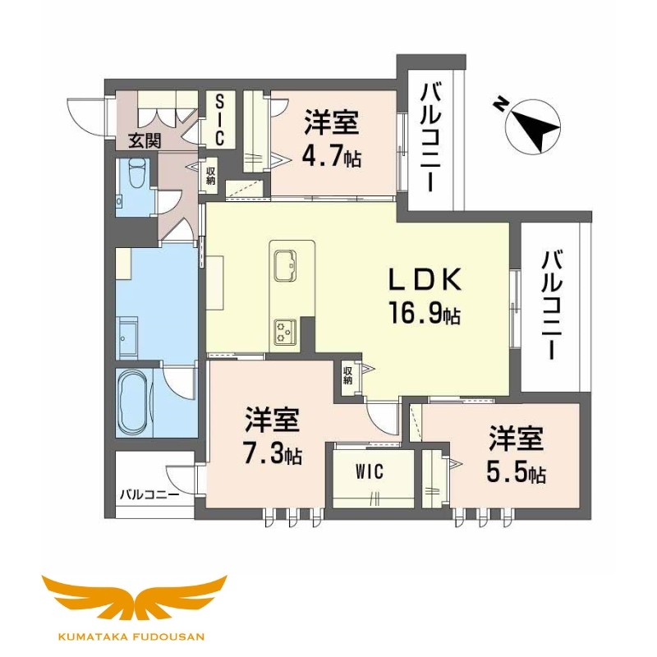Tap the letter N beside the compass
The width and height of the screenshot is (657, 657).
click(499, 104)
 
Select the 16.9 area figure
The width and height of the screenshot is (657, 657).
click(423, 313)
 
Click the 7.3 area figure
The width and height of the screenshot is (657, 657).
click(272, 454)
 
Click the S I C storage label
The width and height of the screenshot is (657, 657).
click(219, 118)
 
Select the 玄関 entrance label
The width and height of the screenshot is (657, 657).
click(144, 140)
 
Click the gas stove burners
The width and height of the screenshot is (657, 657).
click(285, 329)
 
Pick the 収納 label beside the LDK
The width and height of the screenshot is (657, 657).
click(348, 377)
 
